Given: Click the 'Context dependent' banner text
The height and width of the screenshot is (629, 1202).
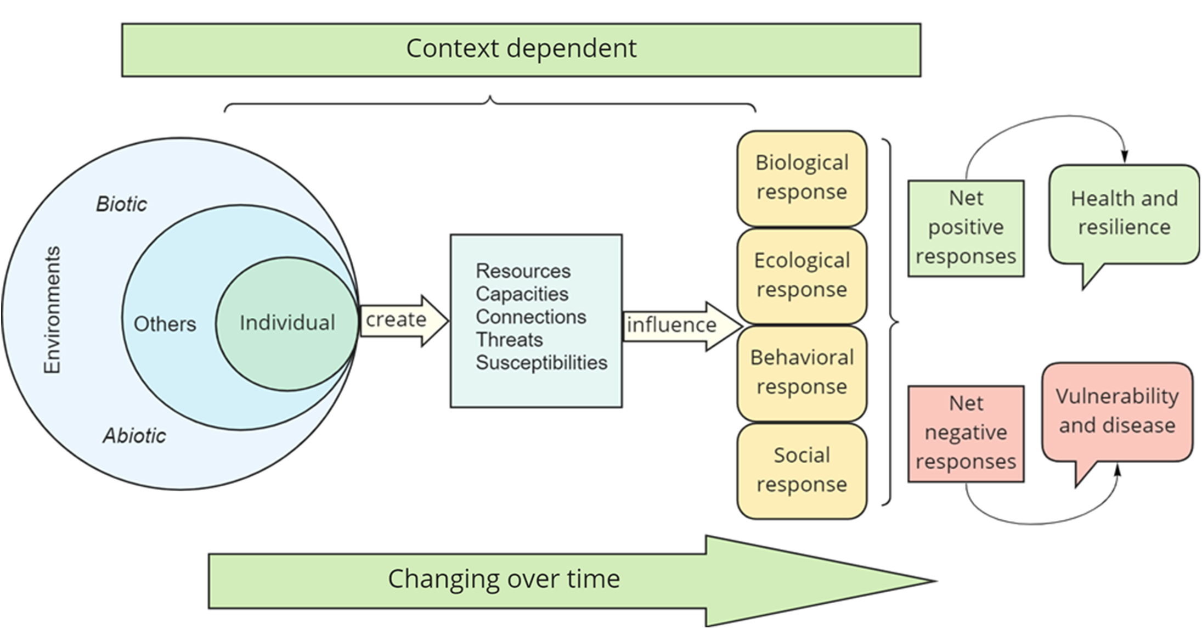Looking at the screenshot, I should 521,49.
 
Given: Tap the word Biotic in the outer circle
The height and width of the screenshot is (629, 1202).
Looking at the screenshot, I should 121,204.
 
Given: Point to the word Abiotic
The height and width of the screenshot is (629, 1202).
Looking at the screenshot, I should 134,436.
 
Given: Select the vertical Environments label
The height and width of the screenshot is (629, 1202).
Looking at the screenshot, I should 52,310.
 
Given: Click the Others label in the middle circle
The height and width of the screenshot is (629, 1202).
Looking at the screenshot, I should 165,324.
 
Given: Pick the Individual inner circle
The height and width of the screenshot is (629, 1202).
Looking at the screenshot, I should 287,323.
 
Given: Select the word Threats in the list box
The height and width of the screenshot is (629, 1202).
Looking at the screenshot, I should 509,340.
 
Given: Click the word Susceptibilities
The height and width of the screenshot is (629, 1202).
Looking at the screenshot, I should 541,363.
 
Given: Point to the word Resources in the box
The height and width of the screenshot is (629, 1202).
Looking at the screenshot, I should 523,271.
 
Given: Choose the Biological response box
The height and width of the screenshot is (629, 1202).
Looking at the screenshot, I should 802,178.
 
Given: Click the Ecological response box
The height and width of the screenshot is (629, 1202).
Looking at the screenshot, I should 802,276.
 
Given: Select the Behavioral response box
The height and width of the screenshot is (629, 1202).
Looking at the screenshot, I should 802,373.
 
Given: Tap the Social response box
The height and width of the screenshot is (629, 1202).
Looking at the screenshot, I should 802,470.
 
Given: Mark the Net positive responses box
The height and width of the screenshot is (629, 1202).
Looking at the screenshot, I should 966,228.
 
